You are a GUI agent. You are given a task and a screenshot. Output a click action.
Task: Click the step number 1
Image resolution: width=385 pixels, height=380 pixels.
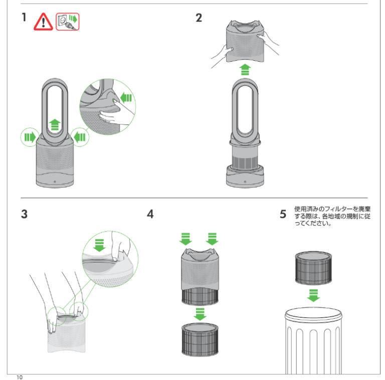click(24, 18)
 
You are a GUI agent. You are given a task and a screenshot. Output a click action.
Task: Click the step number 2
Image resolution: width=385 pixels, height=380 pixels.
click(199, 18)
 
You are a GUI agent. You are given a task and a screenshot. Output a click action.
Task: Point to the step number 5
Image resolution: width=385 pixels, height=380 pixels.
click(283, 214)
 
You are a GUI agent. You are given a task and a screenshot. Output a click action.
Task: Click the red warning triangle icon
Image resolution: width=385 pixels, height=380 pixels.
click(43, 22)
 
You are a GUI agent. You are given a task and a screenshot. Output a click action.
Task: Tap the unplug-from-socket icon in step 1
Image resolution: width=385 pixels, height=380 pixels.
click(68, 21)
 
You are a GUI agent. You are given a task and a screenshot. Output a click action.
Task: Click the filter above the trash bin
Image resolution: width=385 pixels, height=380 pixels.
click(313, 269)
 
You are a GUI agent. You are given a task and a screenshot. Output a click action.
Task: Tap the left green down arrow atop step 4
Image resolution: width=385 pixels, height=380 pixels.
click(186, 238)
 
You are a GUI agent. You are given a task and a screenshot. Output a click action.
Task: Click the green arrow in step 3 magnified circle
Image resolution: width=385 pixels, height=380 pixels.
click(99, 244)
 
